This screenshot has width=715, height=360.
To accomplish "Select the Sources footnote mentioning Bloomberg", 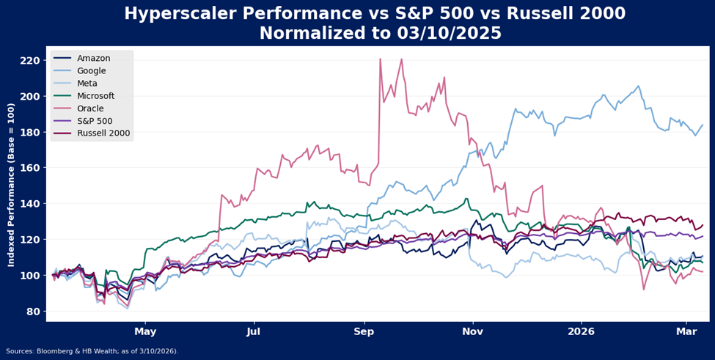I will coord(92,351).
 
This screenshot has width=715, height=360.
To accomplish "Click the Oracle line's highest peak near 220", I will coord(380,59).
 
